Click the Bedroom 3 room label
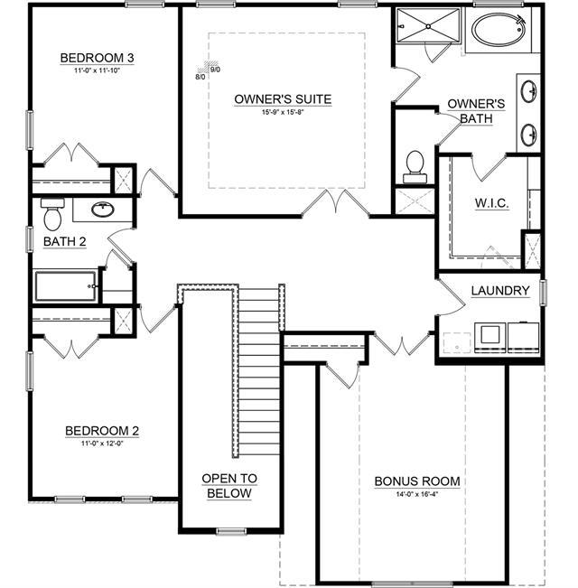(97, 58)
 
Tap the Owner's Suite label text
(282, 98)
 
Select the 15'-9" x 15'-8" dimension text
(282, 113)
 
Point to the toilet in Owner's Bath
(415, 163)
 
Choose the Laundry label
(499, 290)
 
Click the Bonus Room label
(417, 481)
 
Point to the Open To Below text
(228, 486)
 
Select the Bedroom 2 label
(102, 431)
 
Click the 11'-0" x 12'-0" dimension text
(102, 444)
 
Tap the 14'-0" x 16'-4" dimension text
(417, 494)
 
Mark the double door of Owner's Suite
(336, 202)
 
